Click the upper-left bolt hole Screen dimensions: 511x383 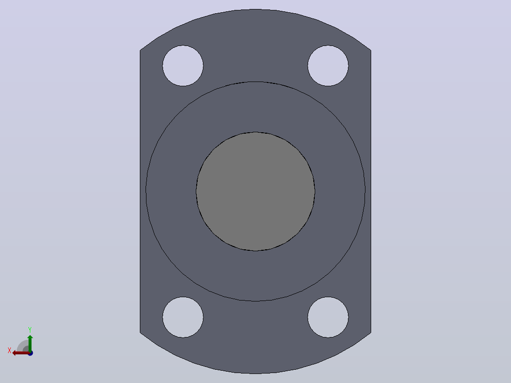point(183,66)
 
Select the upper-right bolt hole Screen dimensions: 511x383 point(328,66)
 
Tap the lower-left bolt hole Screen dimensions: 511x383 point(183,317)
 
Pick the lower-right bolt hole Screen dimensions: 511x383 point(328,317)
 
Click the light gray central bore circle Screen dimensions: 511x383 point(255,191)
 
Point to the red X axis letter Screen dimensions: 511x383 point(9,350)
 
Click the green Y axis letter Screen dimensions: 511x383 point(30,330)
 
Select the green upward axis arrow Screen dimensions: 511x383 point(30,343)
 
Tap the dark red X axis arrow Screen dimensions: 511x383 point(21,353)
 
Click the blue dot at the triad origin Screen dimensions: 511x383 point(30,353)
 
